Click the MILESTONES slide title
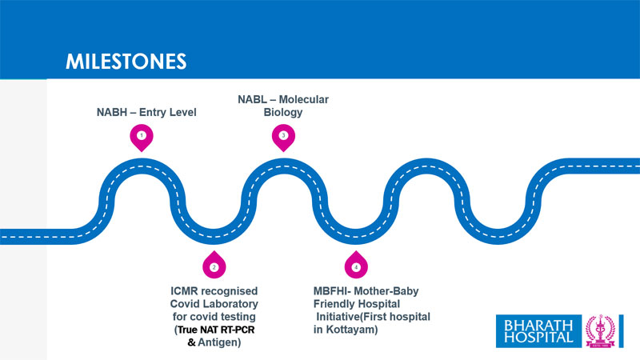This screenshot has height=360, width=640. pyautogui.click(x=126, y=61)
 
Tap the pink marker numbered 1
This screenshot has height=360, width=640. pyautogui.click(x=142, y=137)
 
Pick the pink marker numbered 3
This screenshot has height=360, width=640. pyautogui.click(x=283, y=137)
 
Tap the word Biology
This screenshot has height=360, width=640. pyautogui.click(x=283, y=112)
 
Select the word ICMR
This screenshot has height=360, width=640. pyautogui.click(x=182, y=290)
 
